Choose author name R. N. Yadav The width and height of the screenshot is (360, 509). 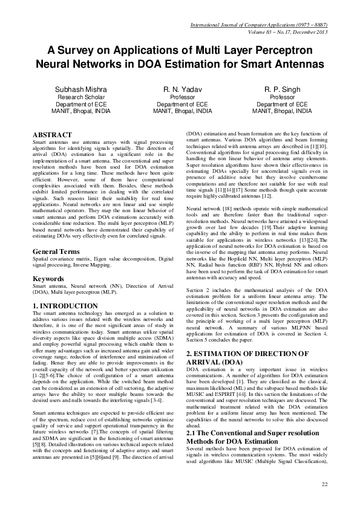point(182,89)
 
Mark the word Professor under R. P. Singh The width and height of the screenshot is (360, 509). point(282,97)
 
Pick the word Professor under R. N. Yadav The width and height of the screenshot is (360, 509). point(182,97)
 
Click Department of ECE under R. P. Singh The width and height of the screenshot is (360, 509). point(282,104)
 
